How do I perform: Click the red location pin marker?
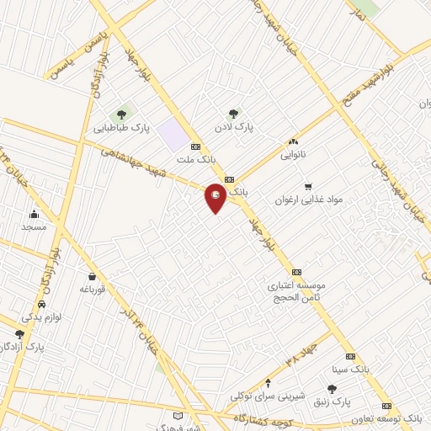[215, 198]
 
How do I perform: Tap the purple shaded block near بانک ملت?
[173, 134]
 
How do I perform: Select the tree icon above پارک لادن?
[233, 114]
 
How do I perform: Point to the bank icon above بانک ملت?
[196, 145]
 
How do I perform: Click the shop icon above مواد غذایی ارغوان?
[308, 186]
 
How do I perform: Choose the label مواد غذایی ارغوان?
[309, 200]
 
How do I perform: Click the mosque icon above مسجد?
[34, 214]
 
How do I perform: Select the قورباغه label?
[90, 289]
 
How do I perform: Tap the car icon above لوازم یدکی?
[42, 304]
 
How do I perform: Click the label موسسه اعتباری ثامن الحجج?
[296, 291]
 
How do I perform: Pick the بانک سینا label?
[350, 369]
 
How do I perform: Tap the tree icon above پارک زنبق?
[332, 390]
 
